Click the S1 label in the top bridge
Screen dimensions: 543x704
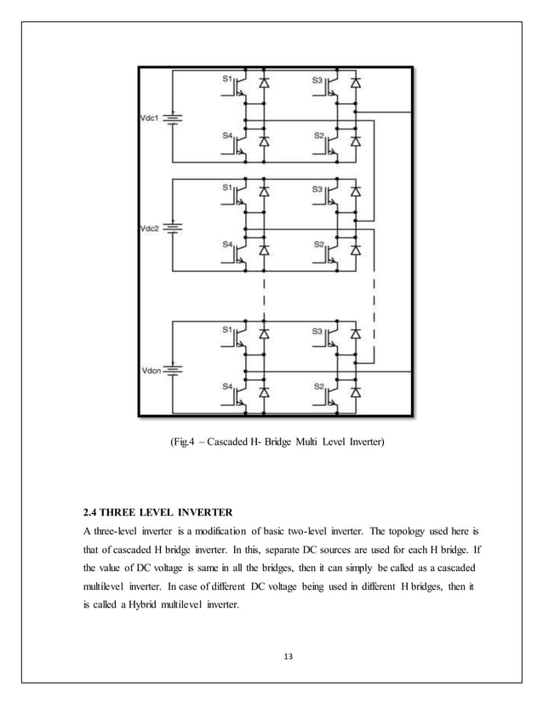[x=227, y=78]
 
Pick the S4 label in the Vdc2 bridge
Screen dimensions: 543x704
[x=227, y=245]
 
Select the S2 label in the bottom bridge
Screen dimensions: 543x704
[x=318, y=386]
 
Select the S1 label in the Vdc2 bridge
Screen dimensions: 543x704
[x=227, y=187]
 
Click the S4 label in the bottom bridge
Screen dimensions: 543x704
[x=227, y=386]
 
